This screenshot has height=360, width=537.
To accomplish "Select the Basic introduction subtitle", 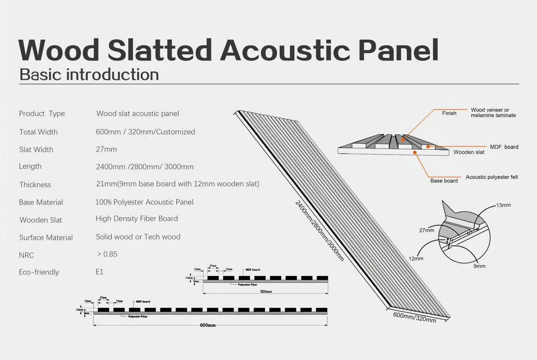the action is pyautogui.click(x=89, y=75).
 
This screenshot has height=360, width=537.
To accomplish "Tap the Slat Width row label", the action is pyautogui.click(x=36, y=149).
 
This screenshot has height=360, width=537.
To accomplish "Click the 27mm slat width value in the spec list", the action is pyautogui.click(x=106, y=149).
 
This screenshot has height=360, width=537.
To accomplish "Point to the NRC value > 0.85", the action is pyautogui.click(x=107, y=254).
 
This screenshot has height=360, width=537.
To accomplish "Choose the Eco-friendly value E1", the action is pyautogui.click(x=100, y=272).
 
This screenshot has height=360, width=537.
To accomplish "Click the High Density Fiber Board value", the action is pyautogui.click(x=137, y=219).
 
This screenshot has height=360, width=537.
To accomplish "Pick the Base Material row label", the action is pyautogui.click(x=41, y=202).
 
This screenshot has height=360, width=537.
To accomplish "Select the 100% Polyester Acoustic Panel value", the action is pyautogui.click(x=145, y=202).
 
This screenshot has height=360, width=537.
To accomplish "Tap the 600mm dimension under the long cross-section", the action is pyautogui.click(x=208, y=325).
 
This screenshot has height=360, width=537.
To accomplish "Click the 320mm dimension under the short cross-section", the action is pyautogui.click(x=265, y=292).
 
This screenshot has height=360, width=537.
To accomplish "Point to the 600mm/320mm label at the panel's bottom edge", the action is pyautogui.click(x=414, y=317).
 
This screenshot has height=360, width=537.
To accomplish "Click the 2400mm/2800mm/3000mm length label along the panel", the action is pyautogui.click(x=320, y=230).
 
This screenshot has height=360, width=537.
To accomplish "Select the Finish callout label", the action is pyautogui.click(x=449, y=113).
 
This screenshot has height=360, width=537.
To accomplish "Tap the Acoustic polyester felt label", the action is pyautogui.click(x=492, y=177).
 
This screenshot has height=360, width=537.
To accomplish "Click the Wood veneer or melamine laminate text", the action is pyautogui.click(x=493, y=113).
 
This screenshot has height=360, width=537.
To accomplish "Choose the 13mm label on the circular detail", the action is pyautogui.click(x=503, y=205).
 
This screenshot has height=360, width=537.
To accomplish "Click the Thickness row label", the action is pyautogui.click(x=35, y=184).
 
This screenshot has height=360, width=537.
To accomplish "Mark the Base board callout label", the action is pyautogui.click(x=444, y=181).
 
